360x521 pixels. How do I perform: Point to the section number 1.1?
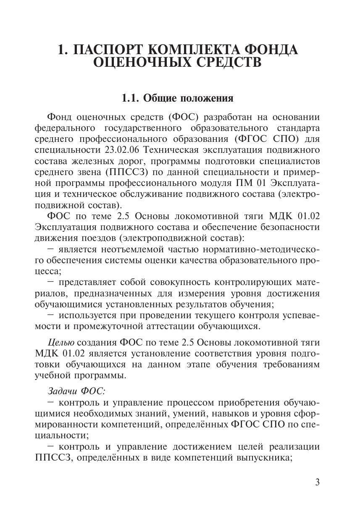(131, 99)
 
